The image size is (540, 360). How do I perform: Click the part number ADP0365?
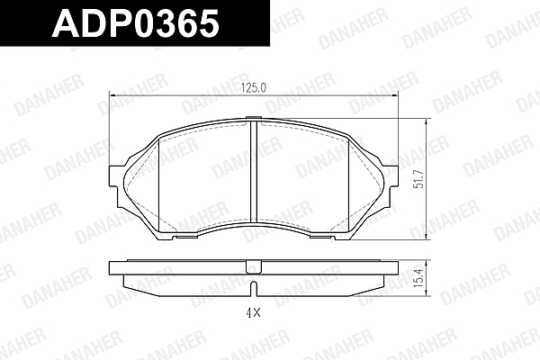click(135, 22)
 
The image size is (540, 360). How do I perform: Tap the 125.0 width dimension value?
click(254, 88)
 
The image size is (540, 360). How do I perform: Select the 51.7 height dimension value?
click(419, 179)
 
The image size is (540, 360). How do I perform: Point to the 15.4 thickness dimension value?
click(419, 278)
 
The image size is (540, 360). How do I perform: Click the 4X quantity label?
click(253, 313)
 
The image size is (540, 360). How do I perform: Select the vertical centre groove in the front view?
click(254, 172)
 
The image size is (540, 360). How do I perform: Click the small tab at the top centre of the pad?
click(254, 118)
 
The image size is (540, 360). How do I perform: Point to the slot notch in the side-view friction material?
click(254, 289)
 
